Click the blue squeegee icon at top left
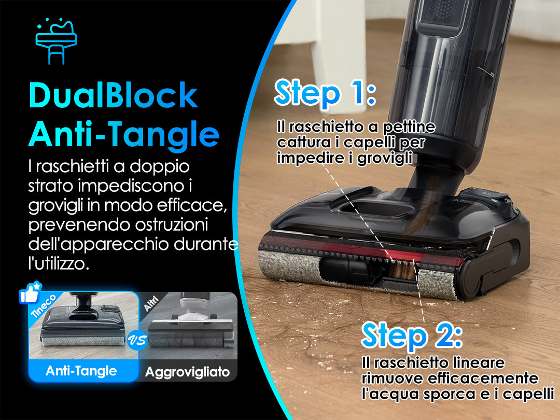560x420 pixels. (x=57, y=41)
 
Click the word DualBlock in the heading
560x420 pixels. (x=113, y=95)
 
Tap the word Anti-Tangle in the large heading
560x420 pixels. (x=123, y=134)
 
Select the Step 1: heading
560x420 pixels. (x=325, y=92)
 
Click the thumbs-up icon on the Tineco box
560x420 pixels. (x=31, y=293)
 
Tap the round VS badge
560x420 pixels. (x=137, y=340)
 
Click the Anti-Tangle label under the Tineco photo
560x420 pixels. (x=81, y=371)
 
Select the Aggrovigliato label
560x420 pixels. (x=188, y=372)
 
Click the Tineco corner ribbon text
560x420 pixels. (x=44, y=306)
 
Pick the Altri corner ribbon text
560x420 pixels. (x=151, y=303)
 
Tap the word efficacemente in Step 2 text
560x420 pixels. (x=483, y=378)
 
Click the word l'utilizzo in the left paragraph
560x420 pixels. (x=59, y=263)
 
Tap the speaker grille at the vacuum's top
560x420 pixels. (x=442, y=10)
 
